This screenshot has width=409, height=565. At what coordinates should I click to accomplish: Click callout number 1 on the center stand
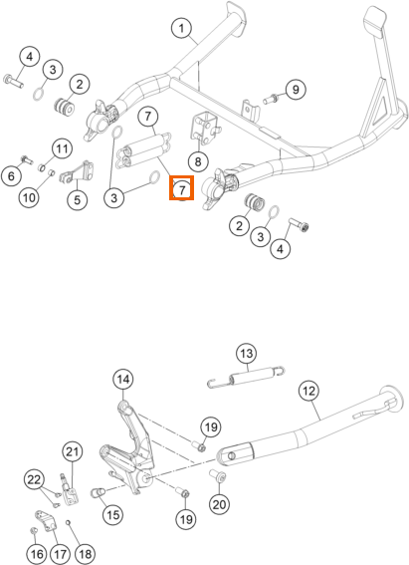pyautogui.click(x=182, y=28)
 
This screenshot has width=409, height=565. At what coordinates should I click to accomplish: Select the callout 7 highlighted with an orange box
pyautogui.click(x=182, y=188)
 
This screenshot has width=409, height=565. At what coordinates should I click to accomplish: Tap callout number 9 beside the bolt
pyautogui.click(x=296, y=90)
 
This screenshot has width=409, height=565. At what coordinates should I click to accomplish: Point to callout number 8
pyautogui.click(x=198, y=161)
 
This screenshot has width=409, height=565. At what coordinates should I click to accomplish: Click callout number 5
pyautogui.click(x=78, y=199)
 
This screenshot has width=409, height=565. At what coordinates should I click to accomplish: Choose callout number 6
pyautogui.click(x=11, y=176)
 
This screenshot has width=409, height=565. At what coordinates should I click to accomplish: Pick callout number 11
pyautogui.click(x=62, y=148)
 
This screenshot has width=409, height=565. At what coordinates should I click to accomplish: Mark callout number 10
pyautogui.click(x=30, y=197)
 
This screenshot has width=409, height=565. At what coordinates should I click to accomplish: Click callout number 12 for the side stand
pyautogui.click(x=309, y=391)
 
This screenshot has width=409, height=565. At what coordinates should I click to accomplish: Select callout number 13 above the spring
pyautogui.click(x=247, y=354)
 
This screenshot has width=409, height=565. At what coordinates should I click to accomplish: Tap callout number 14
pyautogui.click(x=123, y=380)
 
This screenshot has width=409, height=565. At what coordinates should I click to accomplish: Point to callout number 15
pyautogui.click(x=113, y=514)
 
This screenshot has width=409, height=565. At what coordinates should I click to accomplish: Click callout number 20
pyautogui.click(x=219, y=504)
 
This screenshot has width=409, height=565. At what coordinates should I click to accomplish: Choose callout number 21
pyautogui.click(x=73, y=451)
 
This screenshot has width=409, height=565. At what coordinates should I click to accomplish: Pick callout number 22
pyautogui.click(x=34, y=480)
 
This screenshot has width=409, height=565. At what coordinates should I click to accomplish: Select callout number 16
pyautogui.click(x=37, y=554)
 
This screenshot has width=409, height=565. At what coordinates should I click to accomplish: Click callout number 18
pyautogui.click(x=86, y=554)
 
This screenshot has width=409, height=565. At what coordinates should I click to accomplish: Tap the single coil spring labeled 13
pyautogui.click(x=247, y=378)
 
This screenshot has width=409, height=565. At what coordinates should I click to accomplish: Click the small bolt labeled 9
pyautogui.click(x=270, y=98)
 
